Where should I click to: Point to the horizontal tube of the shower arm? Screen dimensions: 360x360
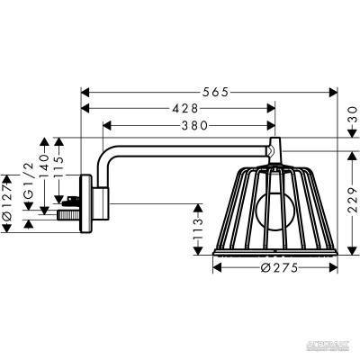[x=189, y=149]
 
